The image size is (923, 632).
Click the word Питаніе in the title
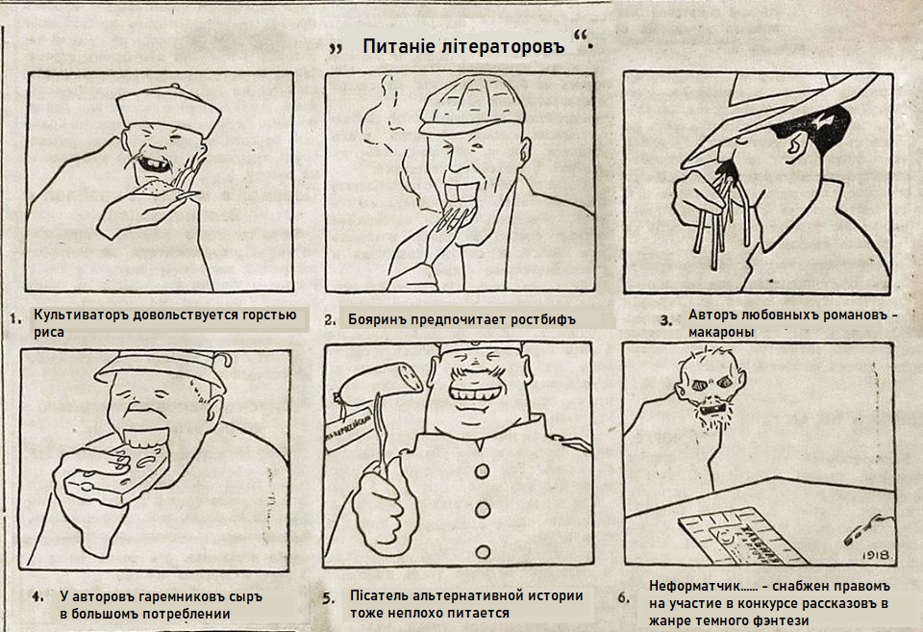399,46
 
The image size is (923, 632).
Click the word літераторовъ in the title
503,46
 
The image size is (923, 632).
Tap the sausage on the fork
381,384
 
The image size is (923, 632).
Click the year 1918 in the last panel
876,555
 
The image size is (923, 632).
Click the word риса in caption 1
49,332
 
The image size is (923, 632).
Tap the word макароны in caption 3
721,332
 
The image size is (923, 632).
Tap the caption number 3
665,320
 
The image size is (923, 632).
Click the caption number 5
328,598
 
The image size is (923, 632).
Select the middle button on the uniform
483,510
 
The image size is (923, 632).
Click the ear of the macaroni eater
796,146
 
